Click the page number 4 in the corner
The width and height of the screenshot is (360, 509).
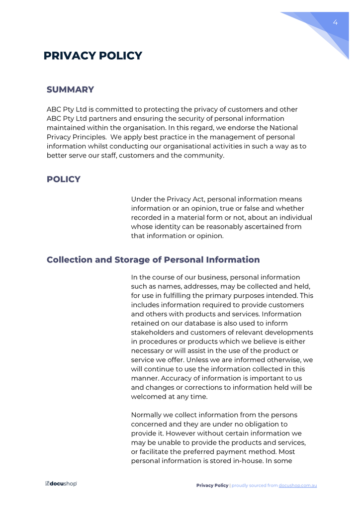[335, 22]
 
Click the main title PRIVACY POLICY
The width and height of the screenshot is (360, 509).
[92, 56]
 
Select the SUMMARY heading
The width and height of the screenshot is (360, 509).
[70, 89]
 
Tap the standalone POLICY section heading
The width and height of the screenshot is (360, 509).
[63, 179]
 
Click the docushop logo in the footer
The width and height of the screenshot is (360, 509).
[61, 484]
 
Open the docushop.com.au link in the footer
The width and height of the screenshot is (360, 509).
[297, 485]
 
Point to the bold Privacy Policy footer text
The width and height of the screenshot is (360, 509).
[212, 485]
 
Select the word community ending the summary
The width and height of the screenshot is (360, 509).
[205, 156]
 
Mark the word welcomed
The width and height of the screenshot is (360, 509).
[149, 397]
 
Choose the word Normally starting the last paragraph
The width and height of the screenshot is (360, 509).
[148, 415]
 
